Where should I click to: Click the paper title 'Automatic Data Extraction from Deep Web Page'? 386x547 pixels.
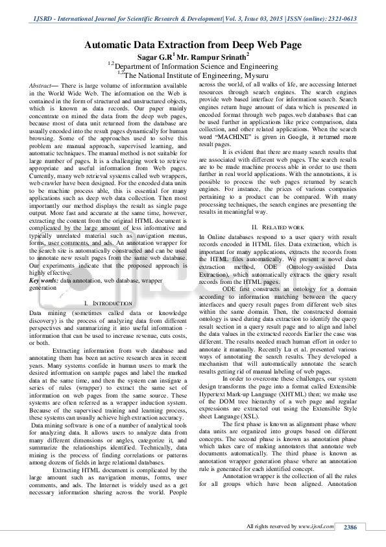(x=193, y=45)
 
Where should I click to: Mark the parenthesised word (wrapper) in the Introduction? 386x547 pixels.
(x=80, y=396)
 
